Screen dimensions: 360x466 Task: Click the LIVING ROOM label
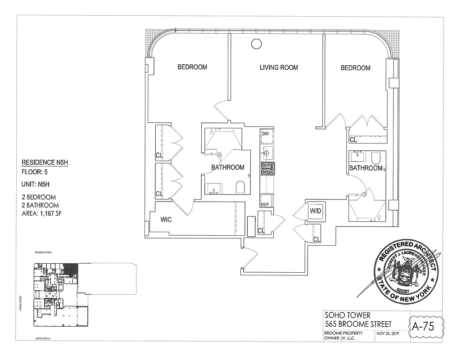coord(279,67)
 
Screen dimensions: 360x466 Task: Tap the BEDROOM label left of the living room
coord(192,67)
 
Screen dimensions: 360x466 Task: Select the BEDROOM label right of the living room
coord(355,67)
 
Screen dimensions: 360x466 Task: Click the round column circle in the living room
coord(256,44)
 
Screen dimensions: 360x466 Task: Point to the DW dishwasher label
coord(265,134)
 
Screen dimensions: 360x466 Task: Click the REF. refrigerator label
coord(265,204)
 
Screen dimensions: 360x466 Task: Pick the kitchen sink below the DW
coord(266,153)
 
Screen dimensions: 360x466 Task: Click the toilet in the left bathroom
coord(240,187)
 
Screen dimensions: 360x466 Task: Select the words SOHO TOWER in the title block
coord(348,315)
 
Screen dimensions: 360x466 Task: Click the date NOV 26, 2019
coord(389,333)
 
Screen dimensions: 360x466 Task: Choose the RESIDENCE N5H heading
coord(45,163)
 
